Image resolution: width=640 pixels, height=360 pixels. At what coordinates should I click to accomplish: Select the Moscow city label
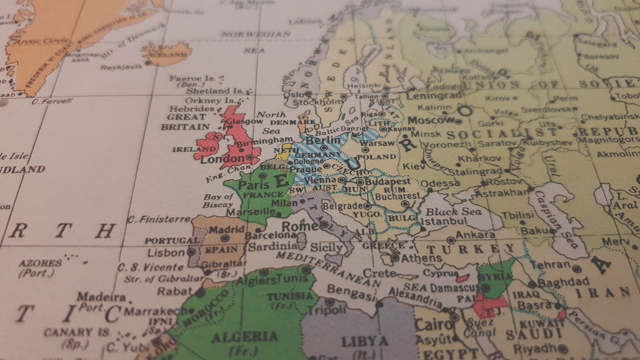tap(429, 120)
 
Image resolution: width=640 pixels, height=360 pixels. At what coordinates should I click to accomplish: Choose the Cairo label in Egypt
tap(433, 325)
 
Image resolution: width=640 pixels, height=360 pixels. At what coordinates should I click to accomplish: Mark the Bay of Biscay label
tap(219, 200)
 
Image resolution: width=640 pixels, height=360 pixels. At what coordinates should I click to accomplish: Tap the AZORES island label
tap(40, 263)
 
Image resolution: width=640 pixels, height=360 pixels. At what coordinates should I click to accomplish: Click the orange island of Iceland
tap(167, 54)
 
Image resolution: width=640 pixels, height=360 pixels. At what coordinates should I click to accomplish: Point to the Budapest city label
tap(387, 181)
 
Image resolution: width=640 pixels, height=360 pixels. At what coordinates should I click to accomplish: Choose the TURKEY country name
tap(471, 249)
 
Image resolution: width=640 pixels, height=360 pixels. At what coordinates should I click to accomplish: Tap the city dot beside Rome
tap(324, 224)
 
